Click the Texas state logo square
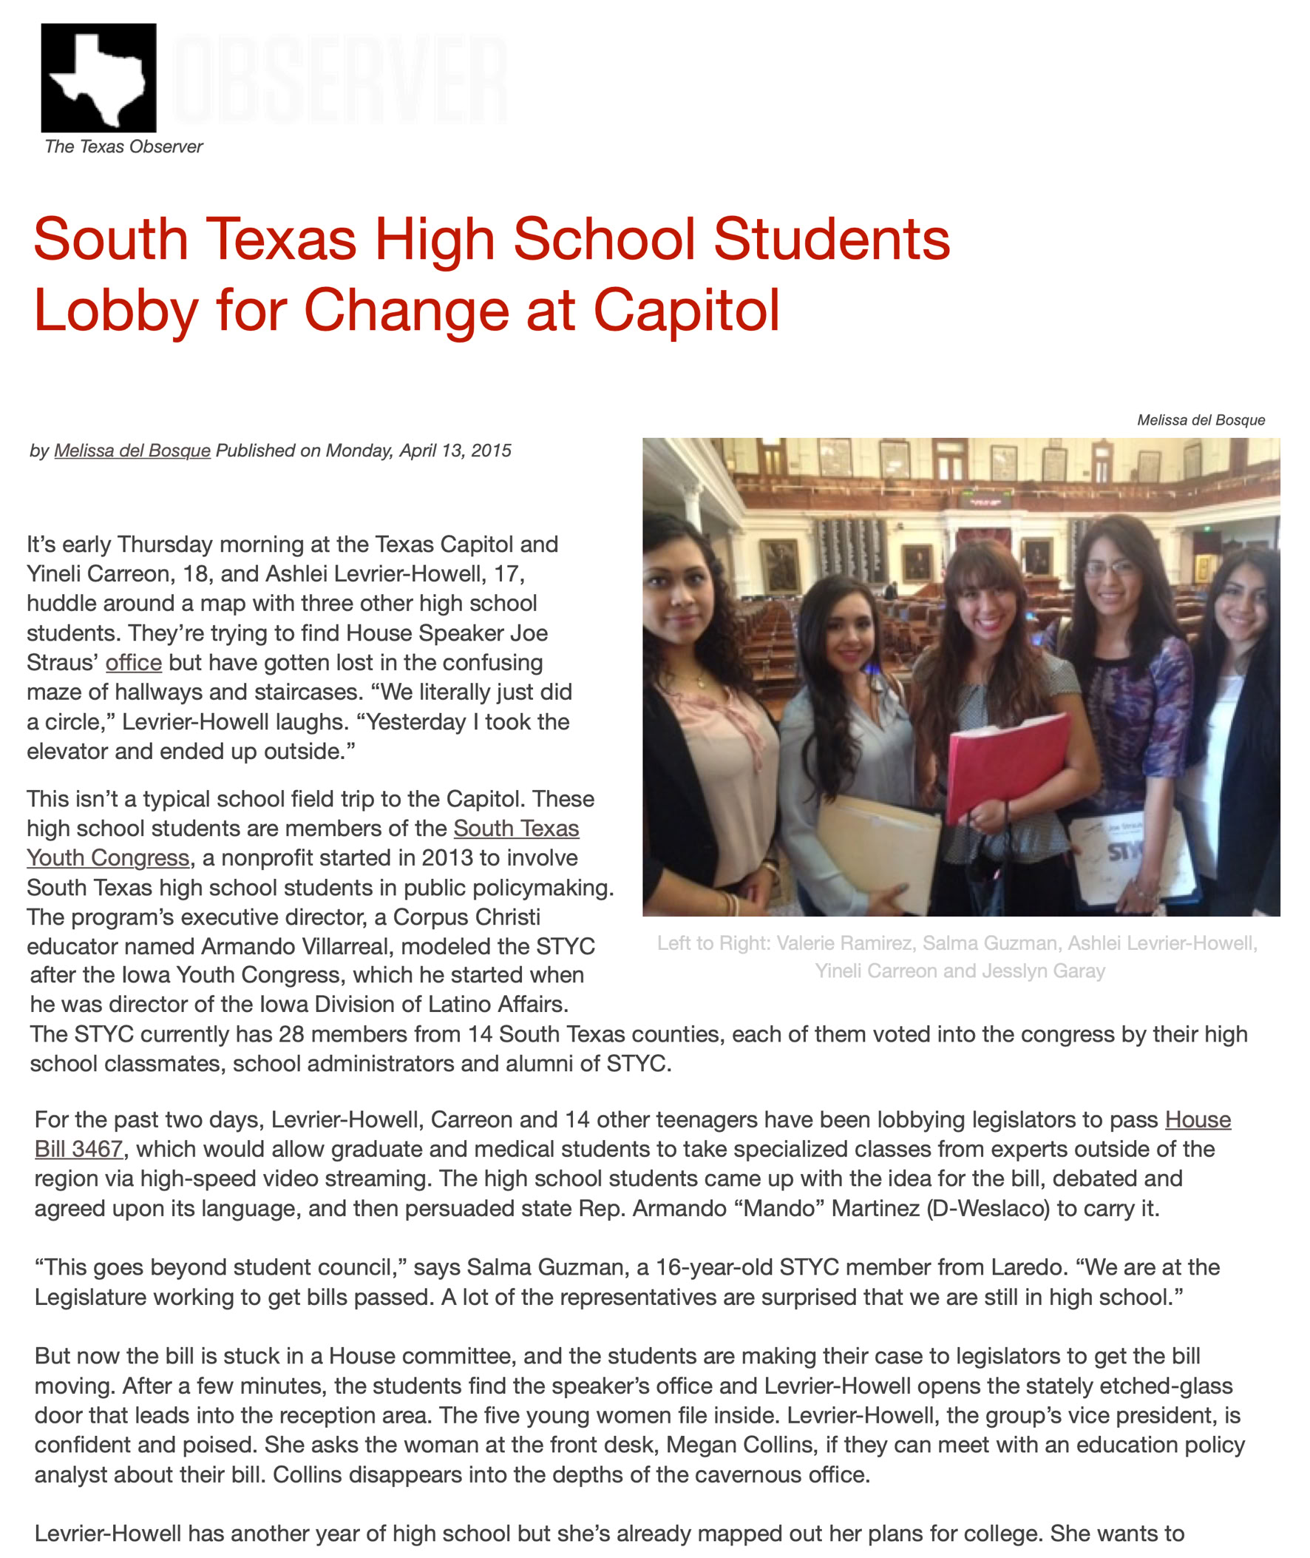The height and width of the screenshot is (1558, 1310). [x=99, y=77]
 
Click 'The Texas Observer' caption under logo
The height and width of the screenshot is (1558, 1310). [x=123, y=146]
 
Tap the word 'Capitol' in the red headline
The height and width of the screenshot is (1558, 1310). [x=686, y=310]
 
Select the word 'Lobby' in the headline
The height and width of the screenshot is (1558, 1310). [x=115, y=310]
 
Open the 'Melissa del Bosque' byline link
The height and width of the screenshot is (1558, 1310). [x=132, y=451]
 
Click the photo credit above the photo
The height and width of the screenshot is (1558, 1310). [x=1200, y=419]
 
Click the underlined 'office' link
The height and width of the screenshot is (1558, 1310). [x=134, y=662]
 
